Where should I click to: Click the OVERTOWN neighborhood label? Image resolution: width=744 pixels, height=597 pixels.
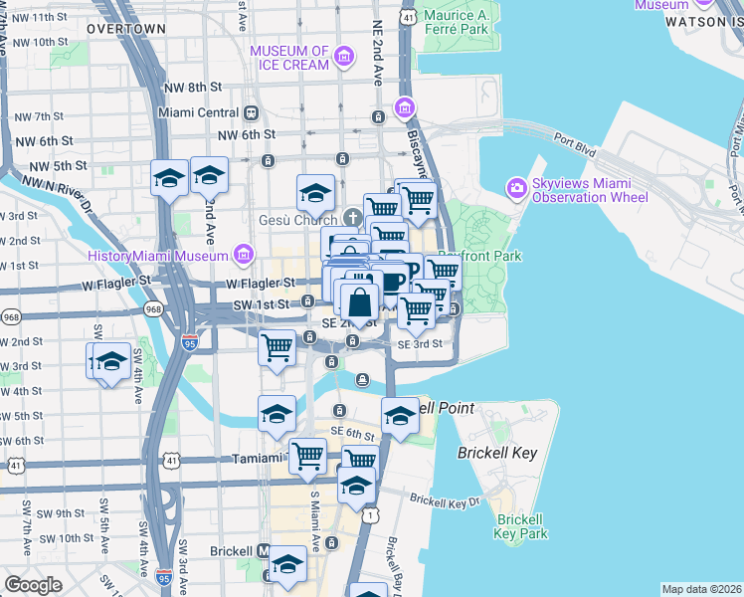125,29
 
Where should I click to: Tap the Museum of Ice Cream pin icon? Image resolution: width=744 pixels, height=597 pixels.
345,58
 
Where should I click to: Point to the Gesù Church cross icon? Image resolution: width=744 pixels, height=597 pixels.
352,218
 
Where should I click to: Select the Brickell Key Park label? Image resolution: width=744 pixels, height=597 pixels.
521,526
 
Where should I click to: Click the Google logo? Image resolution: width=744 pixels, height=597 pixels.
33,584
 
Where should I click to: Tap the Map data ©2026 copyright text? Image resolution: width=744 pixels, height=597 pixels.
701,589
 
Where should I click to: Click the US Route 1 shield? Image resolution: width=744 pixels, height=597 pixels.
370,514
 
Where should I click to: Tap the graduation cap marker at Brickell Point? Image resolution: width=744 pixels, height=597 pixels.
400,415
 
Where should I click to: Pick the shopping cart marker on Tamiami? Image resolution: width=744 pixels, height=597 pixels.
307,457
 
